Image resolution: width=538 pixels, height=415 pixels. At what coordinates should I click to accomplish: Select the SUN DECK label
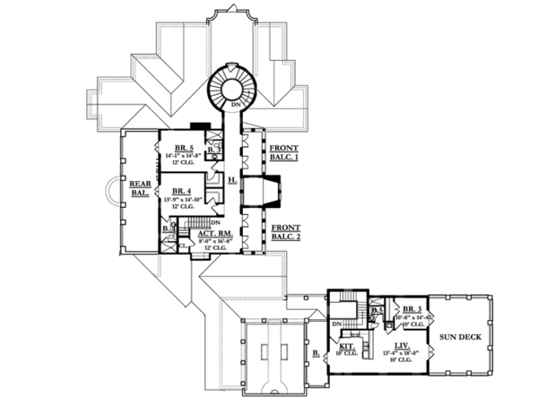point(459,337)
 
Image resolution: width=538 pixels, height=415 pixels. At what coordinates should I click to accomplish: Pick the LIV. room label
point(403,344)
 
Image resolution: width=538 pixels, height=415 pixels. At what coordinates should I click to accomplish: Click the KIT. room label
point(346,344)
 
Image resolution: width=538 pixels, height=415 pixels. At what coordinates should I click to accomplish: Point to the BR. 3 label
point(413,309)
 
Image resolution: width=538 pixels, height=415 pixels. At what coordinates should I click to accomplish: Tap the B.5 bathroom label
point(378,311)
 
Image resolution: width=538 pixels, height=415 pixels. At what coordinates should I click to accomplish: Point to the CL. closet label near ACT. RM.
point(181,243)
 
